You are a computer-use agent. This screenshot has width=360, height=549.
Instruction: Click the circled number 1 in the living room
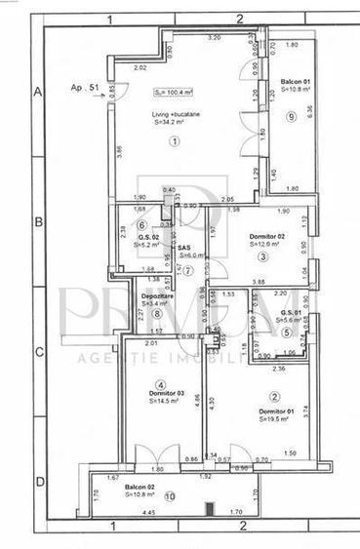pyautogui.click(x=176, y=140)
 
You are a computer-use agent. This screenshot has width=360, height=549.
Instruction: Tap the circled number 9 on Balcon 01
pyautogui.click(x=291, y=116)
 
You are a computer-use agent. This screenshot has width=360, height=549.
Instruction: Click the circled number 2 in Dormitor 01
pyautogui.click(x=275, y=396)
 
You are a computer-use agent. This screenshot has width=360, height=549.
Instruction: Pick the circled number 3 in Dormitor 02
pyautogui.click(x=262, y=256)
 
